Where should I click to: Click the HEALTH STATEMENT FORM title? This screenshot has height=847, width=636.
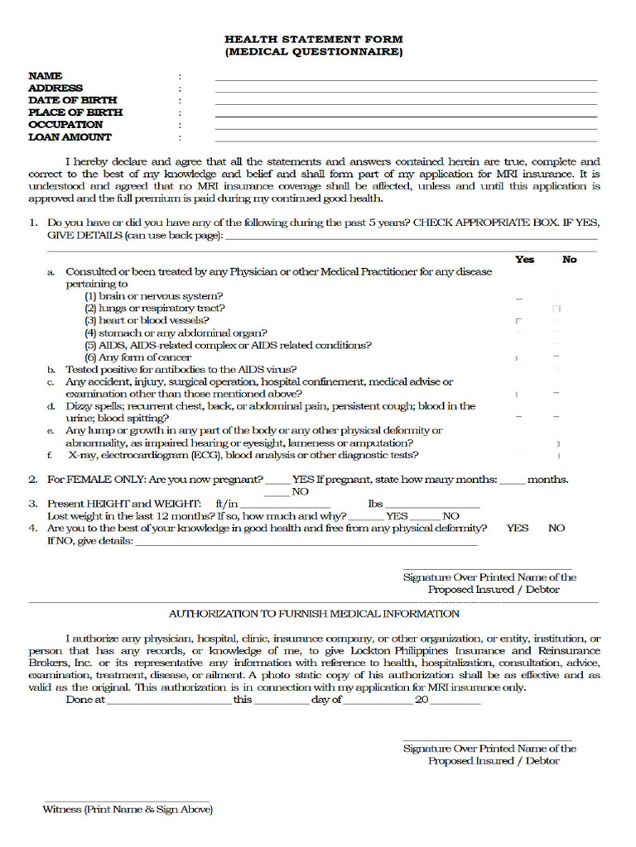314,40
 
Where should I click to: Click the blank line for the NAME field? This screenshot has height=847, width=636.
406,78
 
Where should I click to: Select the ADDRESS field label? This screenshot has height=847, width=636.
55,88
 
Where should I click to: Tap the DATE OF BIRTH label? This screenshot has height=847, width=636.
73,100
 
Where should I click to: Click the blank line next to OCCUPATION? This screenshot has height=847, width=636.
406,127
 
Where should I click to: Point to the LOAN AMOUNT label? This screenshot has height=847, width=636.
70,137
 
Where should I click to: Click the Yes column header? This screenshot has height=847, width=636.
524,260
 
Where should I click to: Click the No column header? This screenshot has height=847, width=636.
569,260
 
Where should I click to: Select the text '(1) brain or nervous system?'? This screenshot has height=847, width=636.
154,296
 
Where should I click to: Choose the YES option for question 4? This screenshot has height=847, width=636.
518,528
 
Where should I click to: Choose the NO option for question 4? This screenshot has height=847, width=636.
556,528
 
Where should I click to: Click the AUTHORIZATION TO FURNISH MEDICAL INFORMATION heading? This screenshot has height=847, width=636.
314,614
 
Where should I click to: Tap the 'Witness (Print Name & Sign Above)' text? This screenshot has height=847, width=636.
128,810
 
